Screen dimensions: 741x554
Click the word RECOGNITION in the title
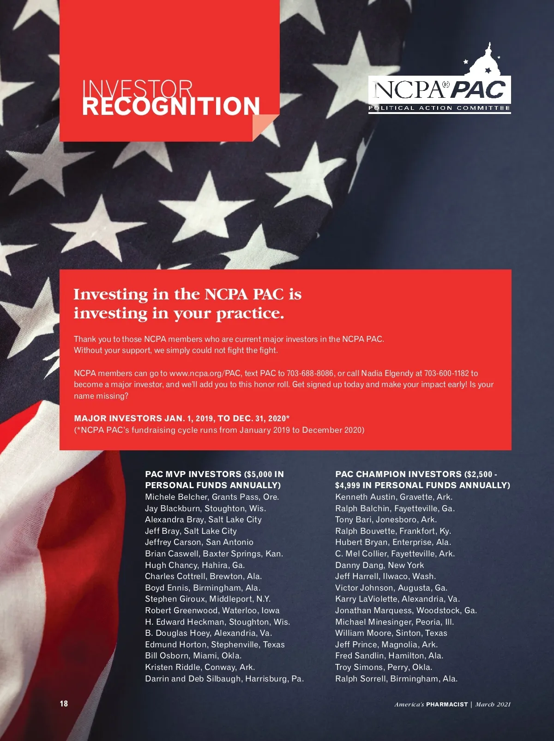point(171,106)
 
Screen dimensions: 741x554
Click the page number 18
point(64,703)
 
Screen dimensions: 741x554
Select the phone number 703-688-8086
point(310,373)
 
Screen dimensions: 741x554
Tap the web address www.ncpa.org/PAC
point(205,373)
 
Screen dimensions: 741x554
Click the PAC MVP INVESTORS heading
point(214,479)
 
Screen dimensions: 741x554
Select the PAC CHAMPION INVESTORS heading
point(422,479)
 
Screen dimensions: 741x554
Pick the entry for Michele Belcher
point(212,497)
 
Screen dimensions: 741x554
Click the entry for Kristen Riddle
point(200,667)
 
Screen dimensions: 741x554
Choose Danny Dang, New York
point(379,565)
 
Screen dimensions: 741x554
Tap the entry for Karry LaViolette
point(397,599)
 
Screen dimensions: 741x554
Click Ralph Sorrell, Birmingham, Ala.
point(396,679)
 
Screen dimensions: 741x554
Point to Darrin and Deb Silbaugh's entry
point(224,679)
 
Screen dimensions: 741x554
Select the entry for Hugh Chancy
point(195,565)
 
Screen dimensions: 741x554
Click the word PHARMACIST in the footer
point(446,705)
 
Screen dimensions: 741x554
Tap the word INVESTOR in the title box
point(137,88)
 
